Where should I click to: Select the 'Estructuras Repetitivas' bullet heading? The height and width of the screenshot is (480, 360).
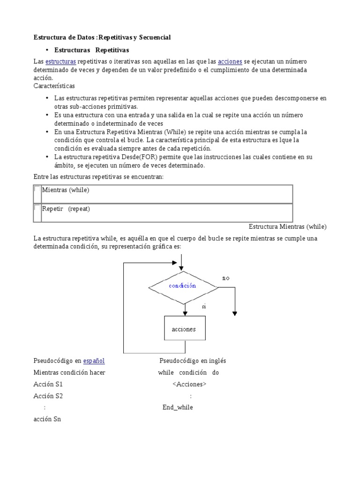[91, 50]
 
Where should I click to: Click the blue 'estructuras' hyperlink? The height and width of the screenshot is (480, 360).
[60, 62]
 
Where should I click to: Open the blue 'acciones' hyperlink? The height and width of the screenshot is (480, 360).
[230, 62]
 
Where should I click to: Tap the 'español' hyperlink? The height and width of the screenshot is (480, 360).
[94, 361]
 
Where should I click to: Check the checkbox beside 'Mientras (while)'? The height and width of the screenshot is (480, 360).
[37, 190]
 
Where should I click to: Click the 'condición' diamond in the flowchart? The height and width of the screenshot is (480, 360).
[182, 285]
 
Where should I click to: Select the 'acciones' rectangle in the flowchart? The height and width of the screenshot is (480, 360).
[184, 329]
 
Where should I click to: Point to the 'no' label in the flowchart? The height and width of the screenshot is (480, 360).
[226, 278]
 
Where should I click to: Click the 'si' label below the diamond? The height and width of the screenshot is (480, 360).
[204, 306]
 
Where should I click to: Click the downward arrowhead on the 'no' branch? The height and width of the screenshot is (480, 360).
[235, 314]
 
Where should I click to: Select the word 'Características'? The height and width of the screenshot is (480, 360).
[54, 86]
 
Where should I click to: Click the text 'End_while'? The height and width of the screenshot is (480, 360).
[178, 407]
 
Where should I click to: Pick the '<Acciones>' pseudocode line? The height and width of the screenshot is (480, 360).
[189, 384]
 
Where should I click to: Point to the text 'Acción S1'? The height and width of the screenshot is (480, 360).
[48, 384]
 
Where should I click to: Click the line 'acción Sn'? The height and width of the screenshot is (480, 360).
[47, 419]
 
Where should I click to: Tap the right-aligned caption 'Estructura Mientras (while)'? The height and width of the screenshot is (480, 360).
[287, 226]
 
